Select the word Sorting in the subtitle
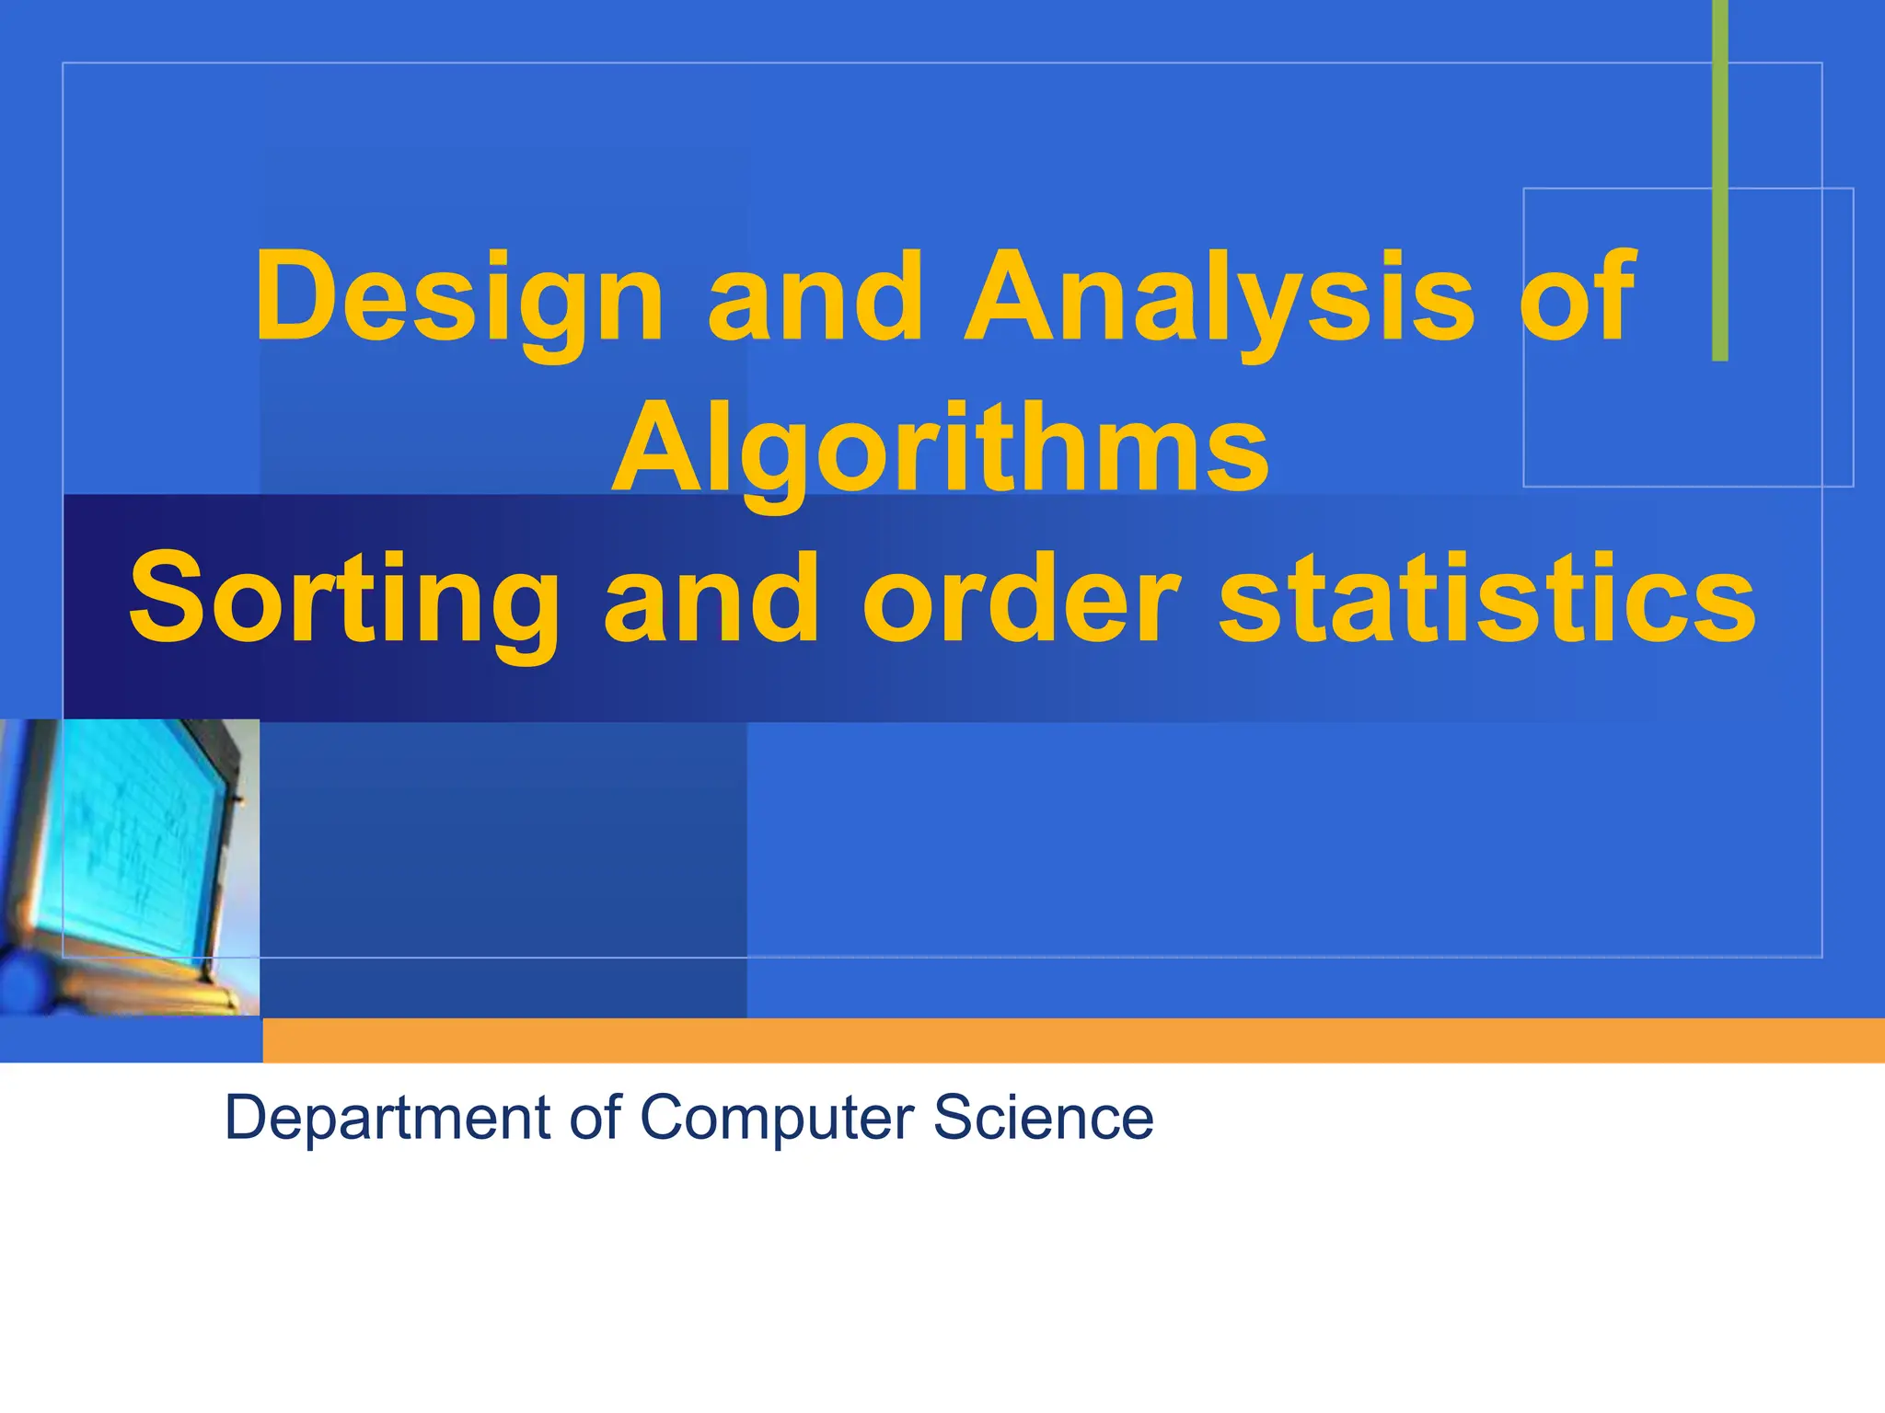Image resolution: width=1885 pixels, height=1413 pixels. tap(343, 600)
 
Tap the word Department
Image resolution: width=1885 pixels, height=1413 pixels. tap(387, 1119)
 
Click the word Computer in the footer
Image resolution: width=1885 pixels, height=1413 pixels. tap(776, 1119)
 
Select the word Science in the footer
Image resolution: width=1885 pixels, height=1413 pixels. tap(1043, 1119)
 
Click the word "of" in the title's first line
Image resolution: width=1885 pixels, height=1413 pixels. tap(1577, 296)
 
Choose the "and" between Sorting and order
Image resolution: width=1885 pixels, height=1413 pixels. tap(711, 600)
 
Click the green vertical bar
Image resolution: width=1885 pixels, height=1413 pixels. tap(1719, 184)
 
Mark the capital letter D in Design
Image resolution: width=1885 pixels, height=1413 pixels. tap(293, 296)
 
